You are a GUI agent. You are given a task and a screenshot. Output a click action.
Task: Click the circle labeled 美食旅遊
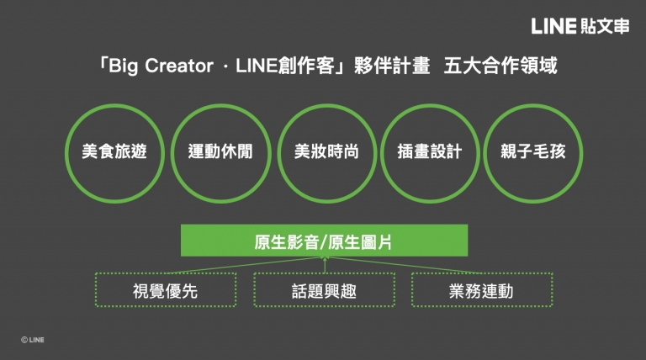(114, 105)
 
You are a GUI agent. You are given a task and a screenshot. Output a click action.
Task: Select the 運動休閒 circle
(221, 105)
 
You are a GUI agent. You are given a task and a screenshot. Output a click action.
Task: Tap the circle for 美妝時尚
(327, 105)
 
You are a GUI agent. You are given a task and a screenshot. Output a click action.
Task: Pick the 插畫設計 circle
(430, 105)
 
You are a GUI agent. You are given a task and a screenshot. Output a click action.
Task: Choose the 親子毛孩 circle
(532, 105)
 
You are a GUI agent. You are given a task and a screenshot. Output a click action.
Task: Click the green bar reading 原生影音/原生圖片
(324, 241)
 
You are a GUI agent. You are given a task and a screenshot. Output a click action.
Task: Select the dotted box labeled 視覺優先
(166, 273)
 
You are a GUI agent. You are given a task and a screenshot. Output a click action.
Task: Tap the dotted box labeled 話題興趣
(324, 273)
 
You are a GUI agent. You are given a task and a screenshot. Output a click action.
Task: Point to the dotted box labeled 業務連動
(482, 273)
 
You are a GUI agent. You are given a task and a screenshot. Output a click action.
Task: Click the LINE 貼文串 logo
(580, 26)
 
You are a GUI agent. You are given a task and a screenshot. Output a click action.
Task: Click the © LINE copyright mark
(33, 340)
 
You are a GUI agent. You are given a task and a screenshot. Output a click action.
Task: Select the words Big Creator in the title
(161, 66)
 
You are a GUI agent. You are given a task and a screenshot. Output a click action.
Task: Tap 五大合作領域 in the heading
(500, 66)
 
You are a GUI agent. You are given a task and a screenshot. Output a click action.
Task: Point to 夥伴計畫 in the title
(392, 66)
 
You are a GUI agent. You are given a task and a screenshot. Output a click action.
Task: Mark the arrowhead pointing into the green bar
(325, 259)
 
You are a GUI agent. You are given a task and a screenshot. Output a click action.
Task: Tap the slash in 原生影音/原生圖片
(323, 242)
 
